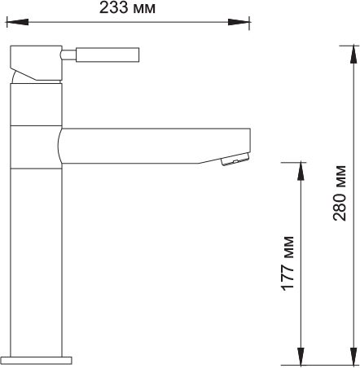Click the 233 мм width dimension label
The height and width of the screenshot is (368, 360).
click(127, 7)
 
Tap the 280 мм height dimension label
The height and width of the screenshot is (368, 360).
click(340, 193)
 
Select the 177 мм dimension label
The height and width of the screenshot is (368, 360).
click(288, 264)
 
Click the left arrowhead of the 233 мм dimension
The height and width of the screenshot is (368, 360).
click(17, 22)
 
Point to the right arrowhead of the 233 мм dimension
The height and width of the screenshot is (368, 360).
click(239, 22)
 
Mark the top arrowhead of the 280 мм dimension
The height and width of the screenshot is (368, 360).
click(353, 55)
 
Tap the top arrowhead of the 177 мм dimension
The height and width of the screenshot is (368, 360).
click(301, 172)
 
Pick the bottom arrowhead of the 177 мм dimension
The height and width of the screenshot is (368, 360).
click(301, 357)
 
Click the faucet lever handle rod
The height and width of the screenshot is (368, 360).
click(108, 55)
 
